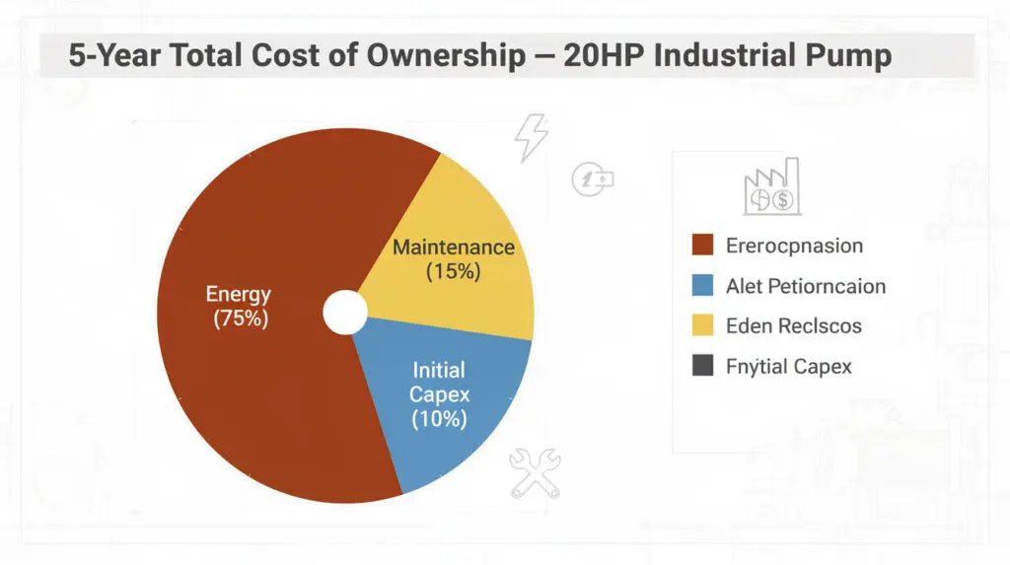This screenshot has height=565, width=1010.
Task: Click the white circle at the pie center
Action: tap(344, 312)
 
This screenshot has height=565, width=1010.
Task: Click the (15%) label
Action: tap(453, 271)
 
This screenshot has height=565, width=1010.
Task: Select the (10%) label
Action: tap(440, 418)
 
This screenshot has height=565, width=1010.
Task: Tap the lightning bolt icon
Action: tap(531, 138)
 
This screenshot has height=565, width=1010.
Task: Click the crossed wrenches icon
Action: tap(535, 473)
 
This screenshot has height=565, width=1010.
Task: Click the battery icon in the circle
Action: tap(593, 178)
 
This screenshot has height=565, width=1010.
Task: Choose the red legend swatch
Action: tap(702, 246)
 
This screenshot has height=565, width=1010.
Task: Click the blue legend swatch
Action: tap(702, 286)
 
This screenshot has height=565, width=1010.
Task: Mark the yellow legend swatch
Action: tap(702, 326)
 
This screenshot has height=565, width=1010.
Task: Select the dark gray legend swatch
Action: tap(702, 367)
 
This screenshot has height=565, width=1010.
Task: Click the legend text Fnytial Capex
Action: tap(788, 367)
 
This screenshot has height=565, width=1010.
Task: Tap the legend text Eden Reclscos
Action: tap(793, 326)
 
